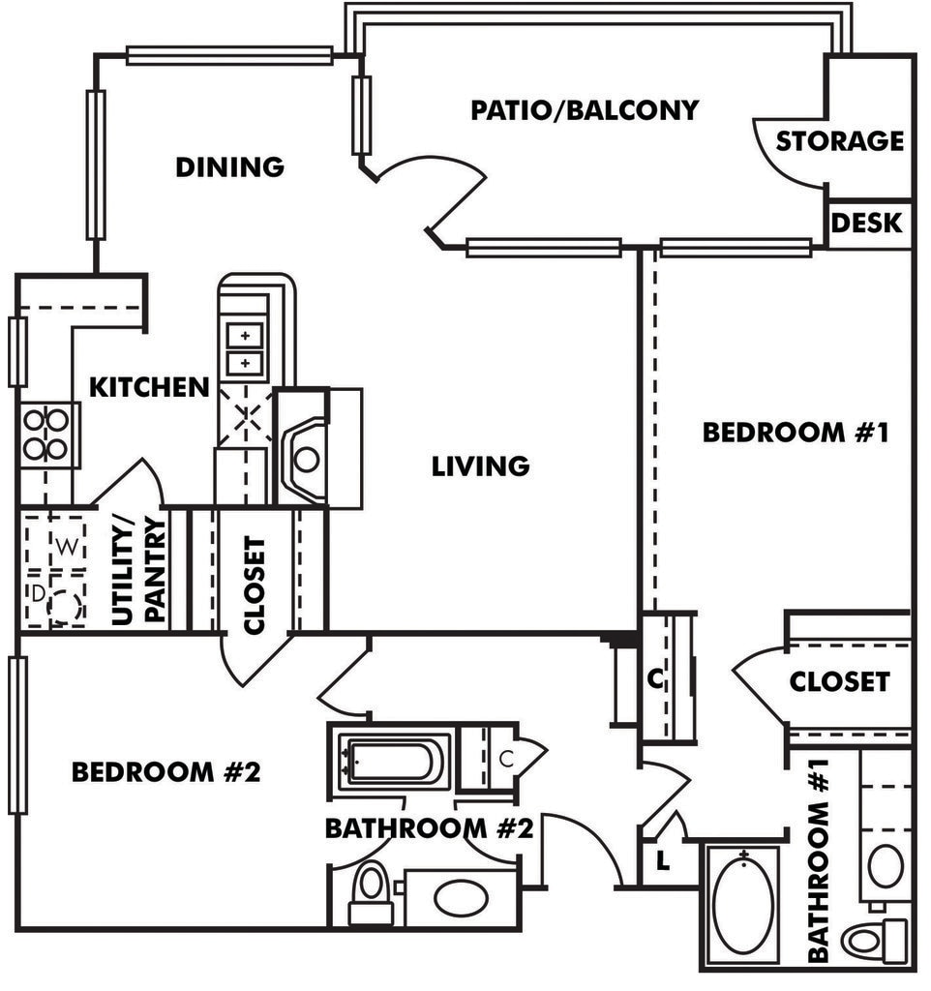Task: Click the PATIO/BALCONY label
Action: pos(584,110)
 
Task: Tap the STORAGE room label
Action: pos(839,141)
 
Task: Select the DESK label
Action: pos(866,224)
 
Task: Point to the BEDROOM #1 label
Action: pos(795,433)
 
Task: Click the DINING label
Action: pos(229,167)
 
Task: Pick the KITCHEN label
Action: pos(149,388)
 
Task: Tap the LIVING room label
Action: pos(480,466)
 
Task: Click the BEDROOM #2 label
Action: pos(166,772)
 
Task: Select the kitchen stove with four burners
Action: pos(46,435)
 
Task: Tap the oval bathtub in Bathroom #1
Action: pos(743,904)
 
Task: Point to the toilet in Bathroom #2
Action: pos(371,895)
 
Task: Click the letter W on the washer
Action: pos(66,547)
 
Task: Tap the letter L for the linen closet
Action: pos(662,860)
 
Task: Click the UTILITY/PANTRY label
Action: pos(139,571)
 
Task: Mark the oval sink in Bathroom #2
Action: pos(462,897)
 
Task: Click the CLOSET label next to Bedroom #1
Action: pos(838,682)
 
